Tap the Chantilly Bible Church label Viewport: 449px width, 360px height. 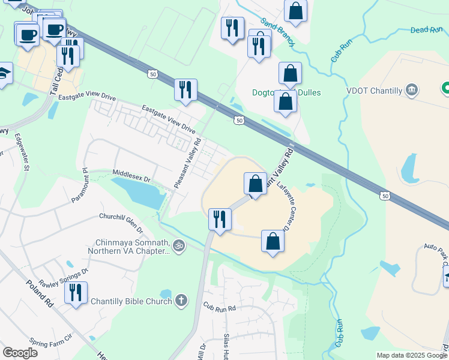click(x=131, y=301)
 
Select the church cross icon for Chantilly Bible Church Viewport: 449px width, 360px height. click(x=181, y=301)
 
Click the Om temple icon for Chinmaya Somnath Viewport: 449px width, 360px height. click(x=178, y=245)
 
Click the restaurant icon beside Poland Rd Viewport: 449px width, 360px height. click(x=76, y=293)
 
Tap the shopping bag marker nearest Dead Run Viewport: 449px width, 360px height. click(x=295, y=10)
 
